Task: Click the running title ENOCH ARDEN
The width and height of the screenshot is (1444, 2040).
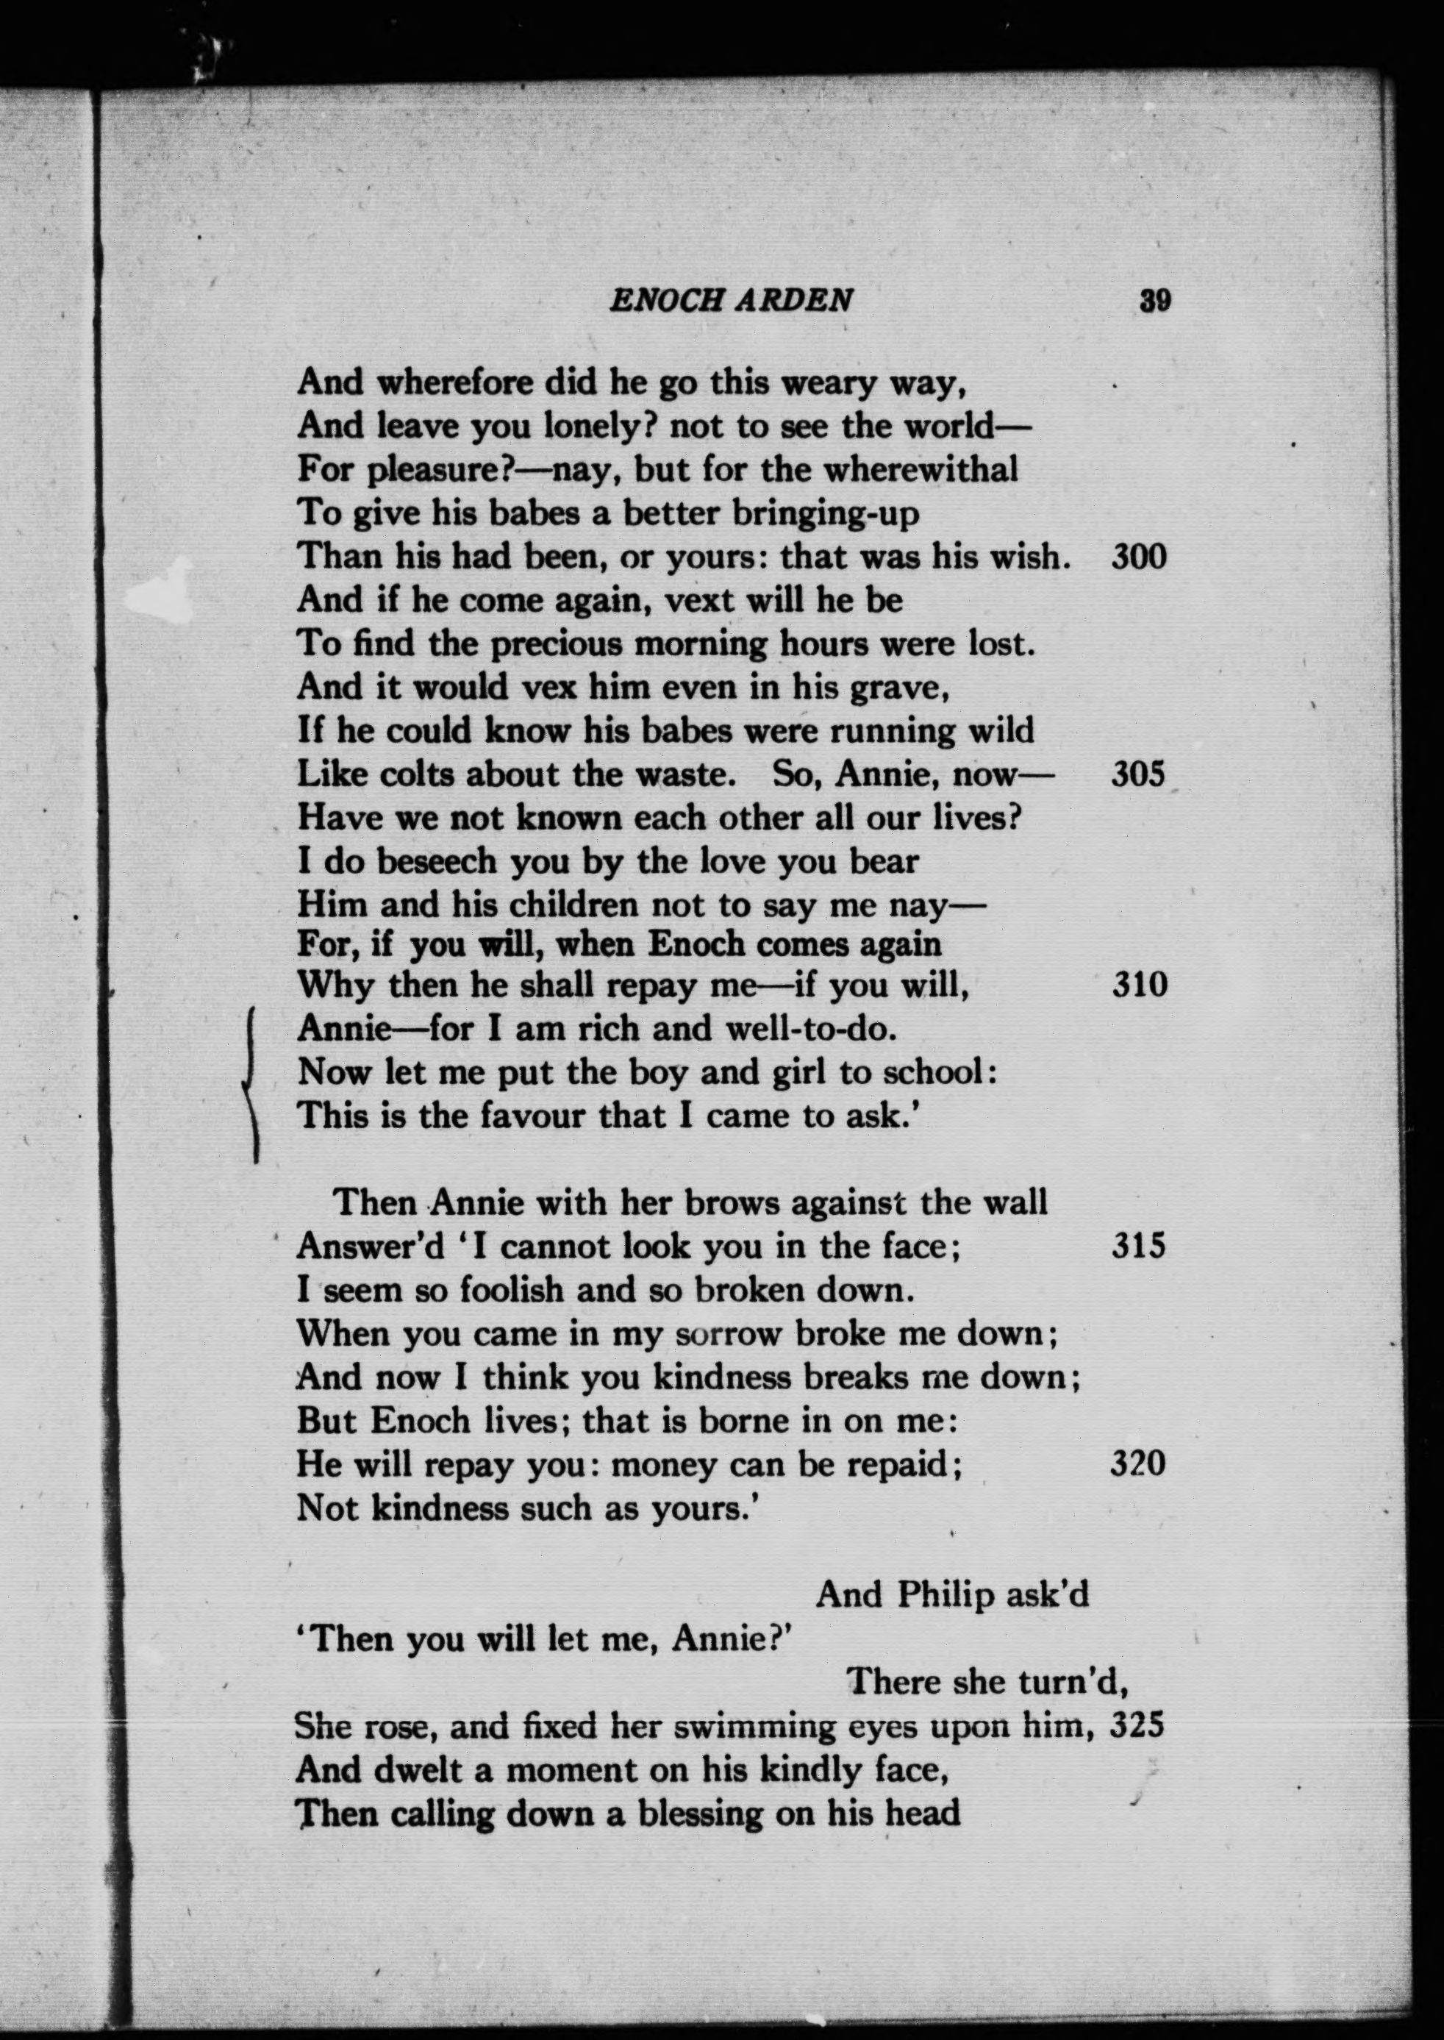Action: (730, 301)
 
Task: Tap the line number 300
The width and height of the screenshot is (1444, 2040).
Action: (1138, 557)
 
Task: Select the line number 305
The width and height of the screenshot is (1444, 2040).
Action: (1138, 774)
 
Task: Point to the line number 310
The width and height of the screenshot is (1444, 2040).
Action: (1138, 985)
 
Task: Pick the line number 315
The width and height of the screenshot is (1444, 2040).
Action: (1138, 1246)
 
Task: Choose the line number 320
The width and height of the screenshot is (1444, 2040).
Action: (1138, 1463)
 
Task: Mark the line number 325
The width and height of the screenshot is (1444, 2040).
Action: (1138, 1725)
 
